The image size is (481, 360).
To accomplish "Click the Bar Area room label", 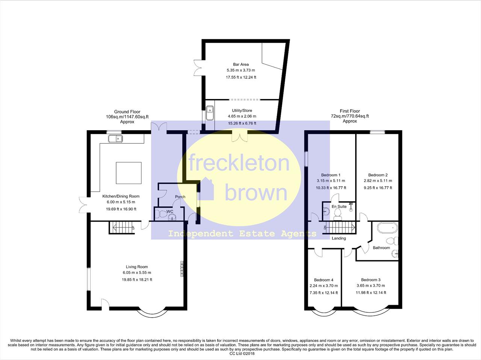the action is click(x=241, y=64).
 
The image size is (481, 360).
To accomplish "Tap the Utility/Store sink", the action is click(x=210, y=113).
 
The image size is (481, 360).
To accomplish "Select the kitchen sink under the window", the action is click(x=115, y=139).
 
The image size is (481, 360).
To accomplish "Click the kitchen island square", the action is click(x=129, y=173).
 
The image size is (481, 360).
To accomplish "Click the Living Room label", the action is click(x=137, y=267).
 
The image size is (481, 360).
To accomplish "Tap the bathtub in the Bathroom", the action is click(x=387, y=227).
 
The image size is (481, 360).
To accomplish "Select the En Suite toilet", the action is click(x=337, y=214).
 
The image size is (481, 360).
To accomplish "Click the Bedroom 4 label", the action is click(x=324, y=280).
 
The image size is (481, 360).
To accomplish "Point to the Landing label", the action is click(x=339, y=238).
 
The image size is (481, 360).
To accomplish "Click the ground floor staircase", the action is click(x=122, y=227).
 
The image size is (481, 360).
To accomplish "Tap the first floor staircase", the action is click(x=339, y=227).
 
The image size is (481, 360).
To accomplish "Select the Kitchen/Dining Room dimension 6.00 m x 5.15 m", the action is click(x=121, y=202).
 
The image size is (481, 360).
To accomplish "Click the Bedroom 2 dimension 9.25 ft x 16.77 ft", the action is click(x=378, y=188).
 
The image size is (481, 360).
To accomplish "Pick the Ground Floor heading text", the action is click(x=127, y=112).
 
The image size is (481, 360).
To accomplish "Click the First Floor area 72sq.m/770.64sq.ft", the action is click(x=350, y=116).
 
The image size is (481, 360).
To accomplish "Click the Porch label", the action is click(x=180, y=197).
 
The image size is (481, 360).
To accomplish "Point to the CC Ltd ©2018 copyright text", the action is click(x=242, y=354).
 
